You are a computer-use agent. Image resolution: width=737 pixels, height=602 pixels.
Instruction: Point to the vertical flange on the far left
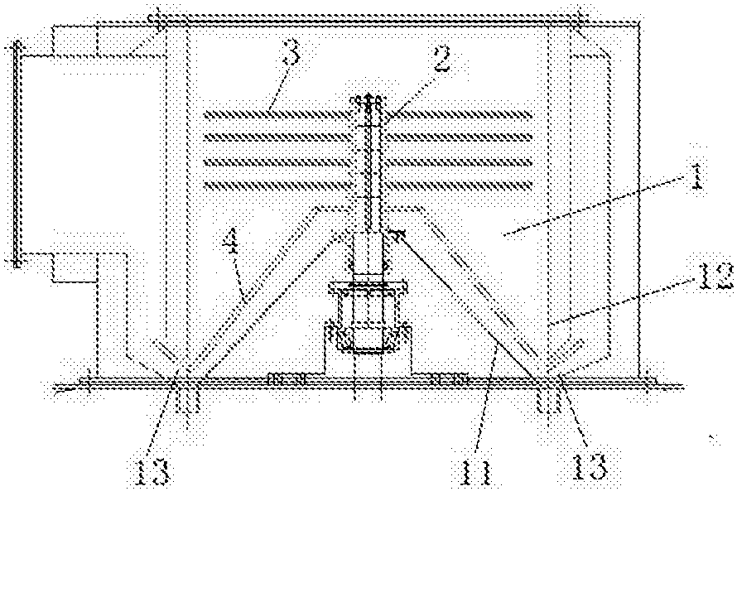pyautogui.click(x=15, y=153)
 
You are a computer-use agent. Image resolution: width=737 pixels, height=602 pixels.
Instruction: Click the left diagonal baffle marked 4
pyautogui.click(x=248, y=290)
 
